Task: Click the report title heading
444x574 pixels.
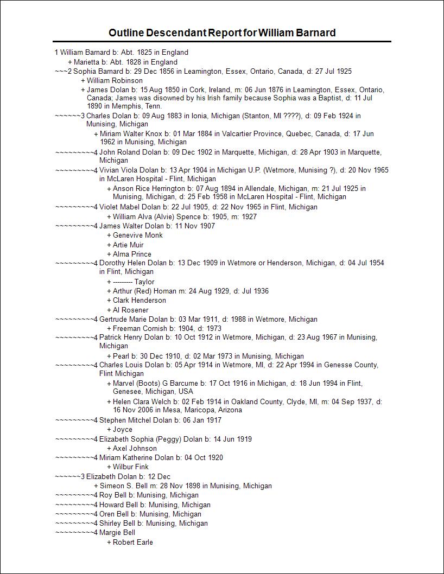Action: [x=222, y=33]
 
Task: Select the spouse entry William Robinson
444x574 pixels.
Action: [x=115, y=81]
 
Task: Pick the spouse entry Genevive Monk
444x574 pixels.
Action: [x=137, y=235]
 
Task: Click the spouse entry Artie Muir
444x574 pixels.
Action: [x=129, y=245]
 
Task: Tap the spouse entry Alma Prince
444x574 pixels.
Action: [x=132, y=254]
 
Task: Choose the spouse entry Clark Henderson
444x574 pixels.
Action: [x=139, y=301]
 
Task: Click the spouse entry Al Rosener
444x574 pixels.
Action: [x=130, y=310]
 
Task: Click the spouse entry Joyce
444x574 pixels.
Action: [x=122, y=430]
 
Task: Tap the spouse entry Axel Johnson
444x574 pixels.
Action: [x=135, y=449]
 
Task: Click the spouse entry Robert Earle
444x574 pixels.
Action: [x=133, y=543]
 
